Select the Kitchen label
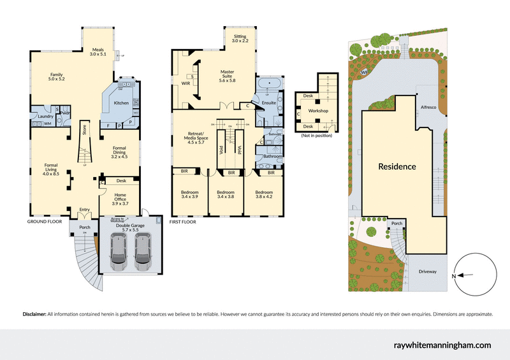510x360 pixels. click(121, 103)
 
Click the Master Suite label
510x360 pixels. click(228, 76)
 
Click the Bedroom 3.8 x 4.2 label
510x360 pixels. click(264, 195)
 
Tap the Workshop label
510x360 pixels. click(317, 111)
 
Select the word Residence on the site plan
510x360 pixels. click(397, 167)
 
